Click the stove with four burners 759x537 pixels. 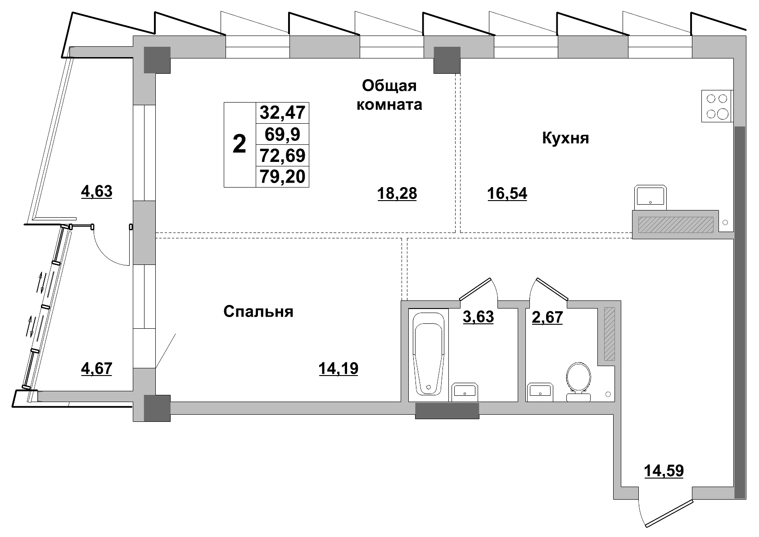[x=717, y=106]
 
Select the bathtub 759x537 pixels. [x=429, y=354]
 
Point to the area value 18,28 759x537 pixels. [x=397, y=194]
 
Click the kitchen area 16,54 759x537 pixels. [x=507, y=194]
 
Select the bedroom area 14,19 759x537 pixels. [x=338, y=369]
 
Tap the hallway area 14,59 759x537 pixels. [x=664, y=471]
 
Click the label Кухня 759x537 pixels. [x=565, y=138]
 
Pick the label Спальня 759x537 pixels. [x=258, y=312]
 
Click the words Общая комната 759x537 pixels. [x=389, y=95]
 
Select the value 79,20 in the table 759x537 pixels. [x=283, y=177]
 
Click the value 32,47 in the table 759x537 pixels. [x=283, y=112]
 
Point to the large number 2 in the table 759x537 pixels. [x=239, y=144]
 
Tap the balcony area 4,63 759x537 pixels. [x=96, y=192]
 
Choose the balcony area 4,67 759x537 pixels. [x=96, y=369]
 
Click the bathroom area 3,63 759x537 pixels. [x=478, y=317]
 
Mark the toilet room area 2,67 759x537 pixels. [x=547, y=317]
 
